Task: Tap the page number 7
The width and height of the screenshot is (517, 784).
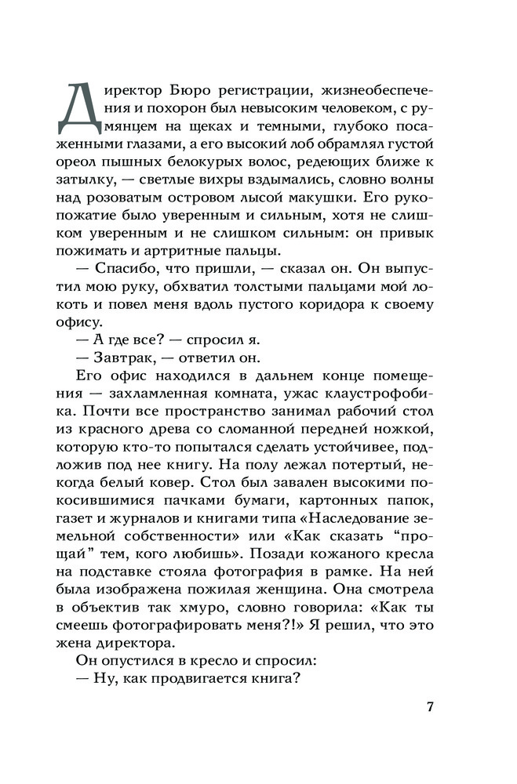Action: pyautogui.click(x=431, y=707)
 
